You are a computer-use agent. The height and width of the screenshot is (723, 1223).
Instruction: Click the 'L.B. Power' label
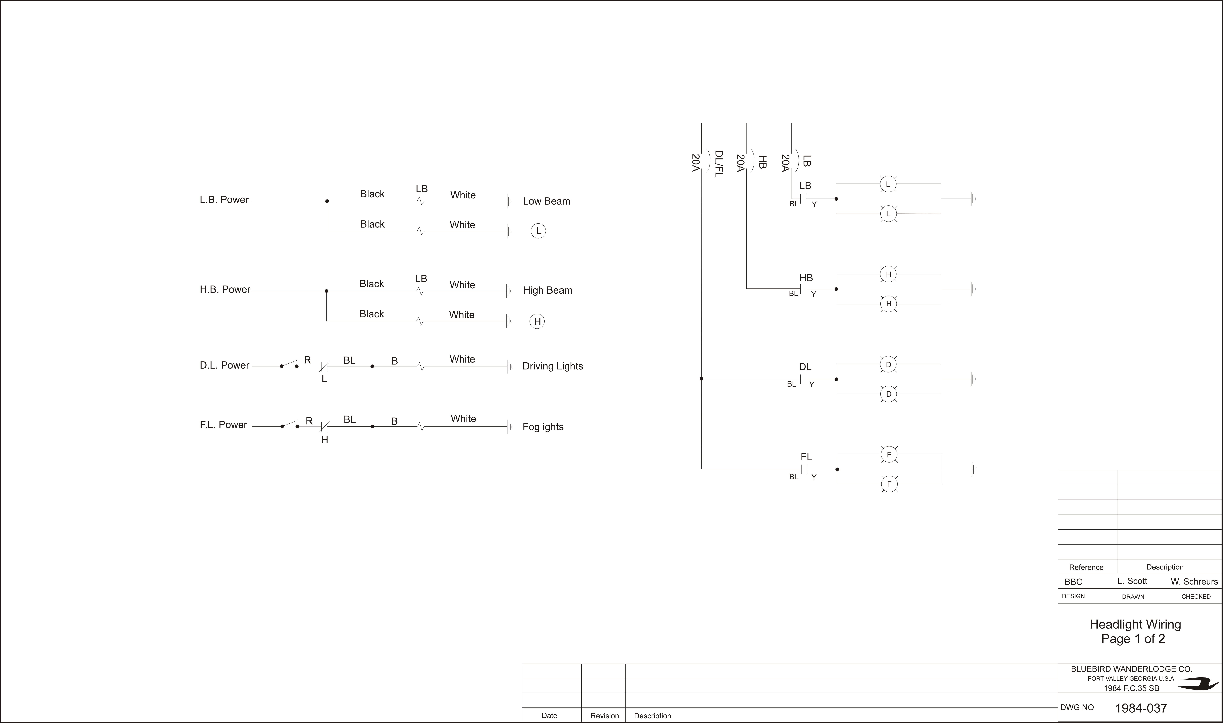click(x=224, y=200)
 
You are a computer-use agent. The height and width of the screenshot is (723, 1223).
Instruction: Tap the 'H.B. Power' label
click(x=225, y=289)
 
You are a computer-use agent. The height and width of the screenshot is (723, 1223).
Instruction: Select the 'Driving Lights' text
click(x=553, y=366)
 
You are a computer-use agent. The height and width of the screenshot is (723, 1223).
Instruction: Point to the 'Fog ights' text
click(x=543, y=427)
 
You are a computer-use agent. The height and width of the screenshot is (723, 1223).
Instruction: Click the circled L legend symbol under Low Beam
click(x=538, y=231)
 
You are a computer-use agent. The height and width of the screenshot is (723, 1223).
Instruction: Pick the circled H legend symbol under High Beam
click(x=537, y=321)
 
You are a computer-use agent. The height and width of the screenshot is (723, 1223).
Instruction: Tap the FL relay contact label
click(x=806, y=457)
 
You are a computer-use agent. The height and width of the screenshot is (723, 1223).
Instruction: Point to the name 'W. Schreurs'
click(x=1194, y=582)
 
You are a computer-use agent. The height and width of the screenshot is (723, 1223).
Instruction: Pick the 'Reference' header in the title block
click(x=1086, y=567)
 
